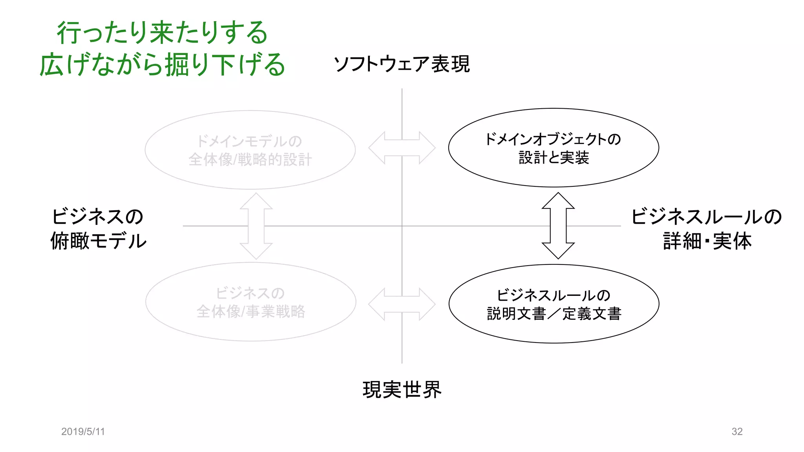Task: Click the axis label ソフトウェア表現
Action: click(x=401, y=64)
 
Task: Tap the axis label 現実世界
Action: click(x=402, y=390)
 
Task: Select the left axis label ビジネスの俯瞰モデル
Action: click(x=98, y=228)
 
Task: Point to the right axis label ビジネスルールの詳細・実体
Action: click(x=707, y=228)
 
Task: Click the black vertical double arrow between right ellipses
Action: click(x=558, y=226)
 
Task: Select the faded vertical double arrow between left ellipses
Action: click(x=256, y=226)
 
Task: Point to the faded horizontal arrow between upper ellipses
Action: click(x=402, y=148)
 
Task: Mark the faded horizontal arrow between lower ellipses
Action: click(x=402, y=304)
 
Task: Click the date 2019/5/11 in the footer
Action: click(x=83, y=432)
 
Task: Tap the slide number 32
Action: click(x=737, y=432)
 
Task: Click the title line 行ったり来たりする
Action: click(x=162, y=33)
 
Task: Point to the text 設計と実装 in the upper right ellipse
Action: click(x=554, y=158)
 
